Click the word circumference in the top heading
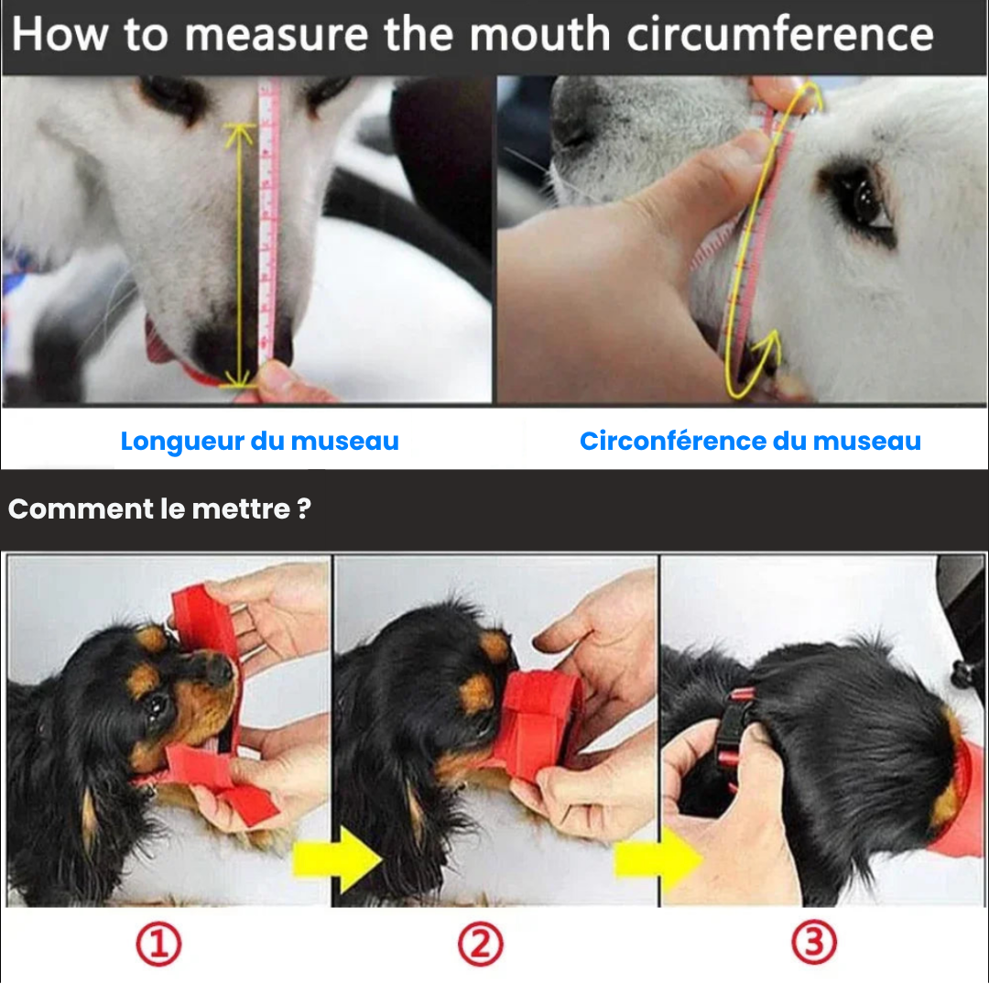coord(779,35)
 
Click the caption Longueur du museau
coord(259,441)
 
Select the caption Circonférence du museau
coord(750,441)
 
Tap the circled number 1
coord(158,944)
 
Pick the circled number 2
coord(481,944)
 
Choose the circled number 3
coord(813,944)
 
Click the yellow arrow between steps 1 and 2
coord(336,860)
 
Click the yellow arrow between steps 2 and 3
coord(658,860)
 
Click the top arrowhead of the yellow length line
coord(240,133)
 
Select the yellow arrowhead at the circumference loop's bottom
coord(768,344)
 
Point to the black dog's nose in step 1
coord(220,672)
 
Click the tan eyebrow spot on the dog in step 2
coord(494,646)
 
